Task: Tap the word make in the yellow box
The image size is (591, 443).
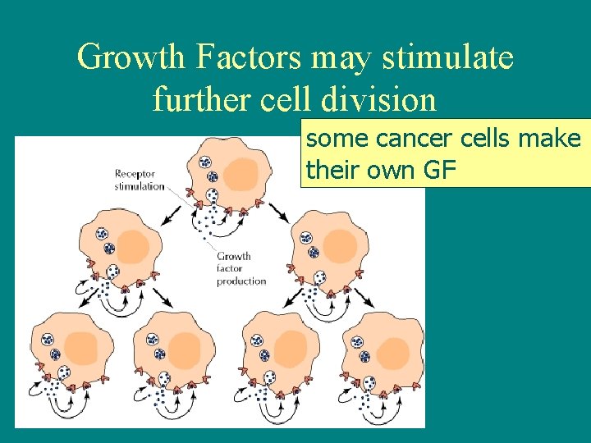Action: [x=552, y=139]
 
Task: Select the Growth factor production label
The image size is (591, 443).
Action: [x=241, y=268]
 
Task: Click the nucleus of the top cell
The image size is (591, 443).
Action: [x=241, y=174]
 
